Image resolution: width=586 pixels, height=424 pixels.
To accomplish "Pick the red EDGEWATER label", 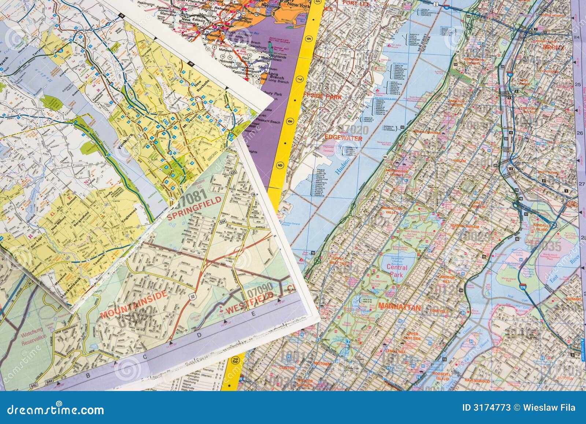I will (344, 139).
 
